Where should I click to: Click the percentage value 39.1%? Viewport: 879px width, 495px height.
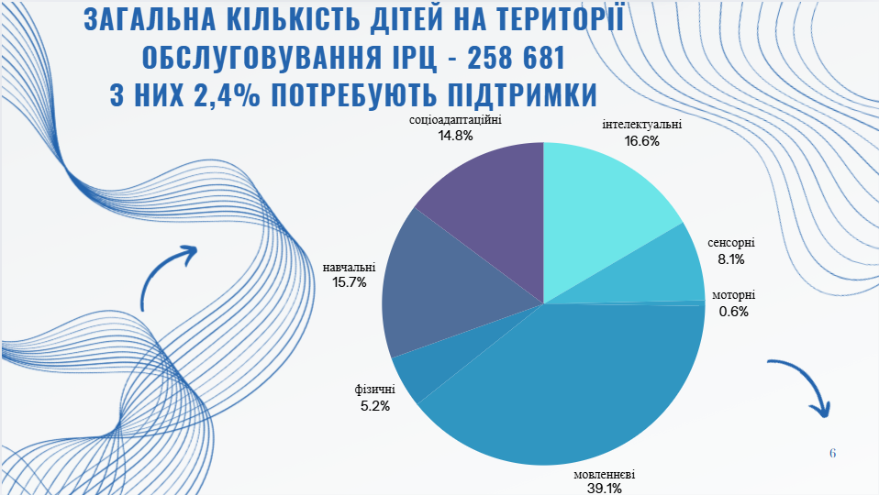tap(605, 489)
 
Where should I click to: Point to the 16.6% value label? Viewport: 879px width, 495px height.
tap(642, 141)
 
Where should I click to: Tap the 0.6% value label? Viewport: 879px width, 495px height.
tap(734, 311)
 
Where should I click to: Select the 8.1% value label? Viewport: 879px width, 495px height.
tap(731, 260)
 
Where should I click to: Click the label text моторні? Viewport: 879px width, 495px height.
tap(734, 295)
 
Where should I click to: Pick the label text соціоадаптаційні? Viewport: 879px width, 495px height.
tap(456, 119)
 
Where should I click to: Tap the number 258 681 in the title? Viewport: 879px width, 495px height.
tap(511, 59)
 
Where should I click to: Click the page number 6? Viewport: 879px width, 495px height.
tap(832, 453)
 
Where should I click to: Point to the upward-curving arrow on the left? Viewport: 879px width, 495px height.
tap(170, 275)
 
